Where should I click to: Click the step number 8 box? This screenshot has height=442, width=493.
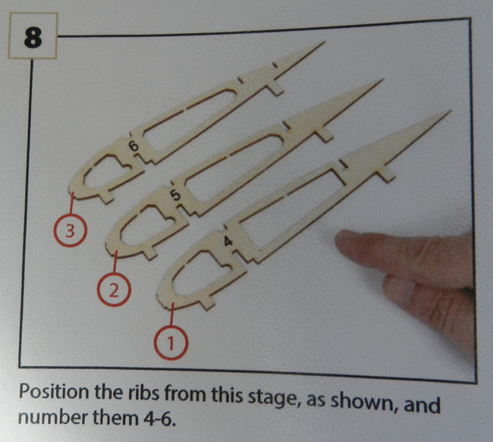(33, 36)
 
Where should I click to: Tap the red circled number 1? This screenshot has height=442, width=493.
(171, 343)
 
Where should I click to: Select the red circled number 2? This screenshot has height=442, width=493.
(113, 290)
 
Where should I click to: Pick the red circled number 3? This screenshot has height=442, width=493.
(70, 230)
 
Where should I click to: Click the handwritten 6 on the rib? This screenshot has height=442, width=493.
(133, 146)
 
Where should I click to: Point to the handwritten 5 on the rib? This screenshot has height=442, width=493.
(175, 196)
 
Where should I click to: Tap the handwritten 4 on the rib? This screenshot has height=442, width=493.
(228, 241)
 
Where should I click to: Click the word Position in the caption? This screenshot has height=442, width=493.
(54, 393)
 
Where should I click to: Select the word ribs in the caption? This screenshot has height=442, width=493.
(144, 394)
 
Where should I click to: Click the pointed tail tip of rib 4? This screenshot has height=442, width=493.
(451, 111)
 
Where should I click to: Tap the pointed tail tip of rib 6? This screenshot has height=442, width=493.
(324, 42)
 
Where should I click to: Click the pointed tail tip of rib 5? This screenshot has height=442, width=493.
(382, 80)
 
